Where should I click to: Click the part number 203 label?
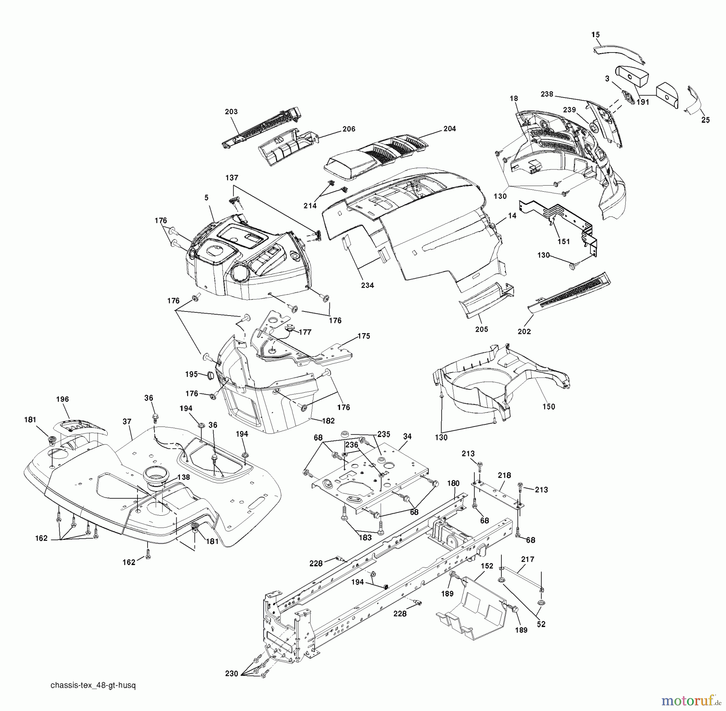pyautogui.click(x=231, y=112)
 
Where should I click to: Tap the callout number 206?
pyautogui.click(x=348, y=129)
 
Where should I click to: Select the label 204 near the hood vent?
pyautogui.click(x=449, y=129)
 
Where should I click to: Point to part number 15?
pyautogui.click(x=596, y=35)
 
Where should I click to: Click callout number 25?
pyautogui.click(x=705, y=120)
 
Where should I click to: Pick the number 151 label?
pyautogui.click(x=563, y=241)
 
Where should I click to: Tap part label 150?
pyautogui.click(x=549, y=406)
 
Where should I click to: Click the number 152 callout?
pyautogui.click(x=487, y=566)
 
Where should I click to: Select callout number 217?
pyautogui.click(x=528, y=559)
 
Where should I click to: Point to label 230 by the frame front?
pyautogui.click(x=232, y=673)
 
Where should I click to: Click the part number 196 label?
pyautogui.click(x=63, y=399)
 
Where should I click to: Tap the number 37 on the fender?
pyautogui.click(x=127, y=422)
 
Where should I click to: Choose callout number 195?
pyautogui.click(x=191, y=374)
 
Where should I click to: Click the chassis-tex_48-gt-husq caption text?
pyautogui.click(x=93, y=686)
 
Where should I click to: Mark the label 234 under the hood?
pyautogui.click(x=367, y=285)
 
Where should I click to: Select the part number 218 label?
pyautogui.click(x=504, y=476)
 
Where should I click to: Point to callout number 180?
pyautogui.click(x=453, y=483)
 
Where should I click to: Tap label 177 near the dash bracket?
pyautogui.click(x=305, y=332)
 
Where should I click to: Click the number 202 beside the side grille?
pyautogui.click(x=524, y=331)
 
